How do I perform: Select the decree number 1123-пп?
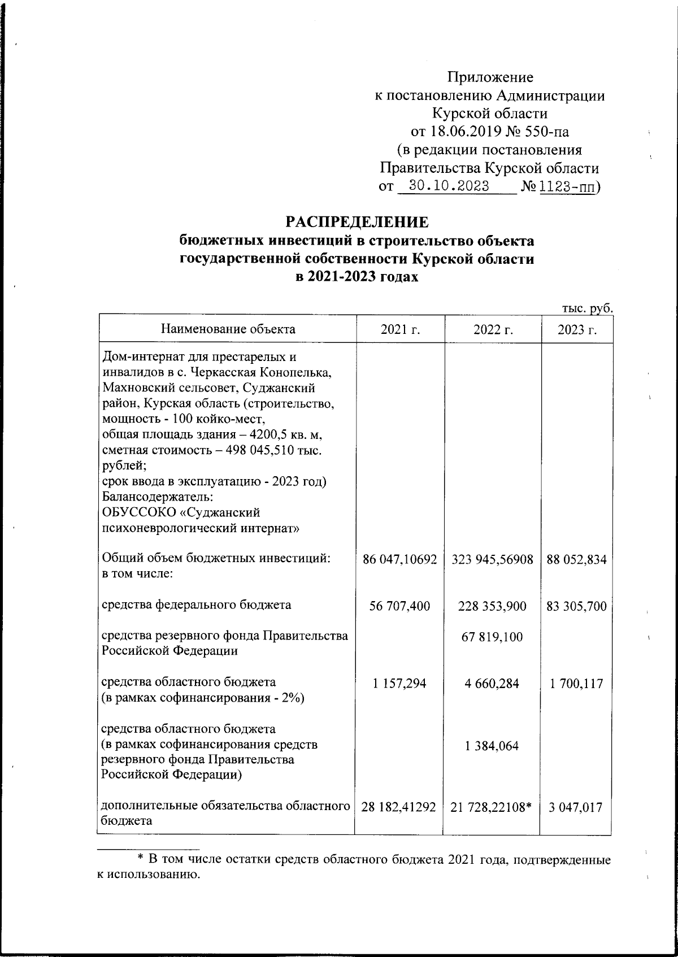pos(567,186)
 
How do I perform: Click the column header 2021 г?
pos(400,329)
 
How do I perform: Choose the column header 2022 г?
pos(493,329)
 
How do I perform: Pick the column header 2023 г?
pos(577,329)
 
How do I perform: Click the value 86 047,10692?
pos(400,560)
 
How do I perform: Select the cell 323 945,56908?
pos(493,560)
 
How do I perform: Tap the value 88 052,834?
pos(577,560)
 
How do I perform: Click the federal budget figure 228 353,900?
pos(493,606)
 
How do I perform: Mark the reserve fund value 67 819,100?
pos(493,637)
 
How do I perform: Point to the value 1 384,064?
pos(492,746)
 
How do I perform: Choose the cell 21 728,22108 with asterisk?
pos(492,807)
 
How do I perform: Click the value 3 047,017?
pos(577,807)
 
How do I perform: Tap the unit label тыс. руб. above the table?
pos(587,308)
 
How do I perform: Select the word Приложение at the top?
pos(490,78)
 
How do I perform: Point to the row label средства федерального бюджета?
pos(196,605)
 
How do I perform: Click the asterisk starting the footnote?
pos(141,859)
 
